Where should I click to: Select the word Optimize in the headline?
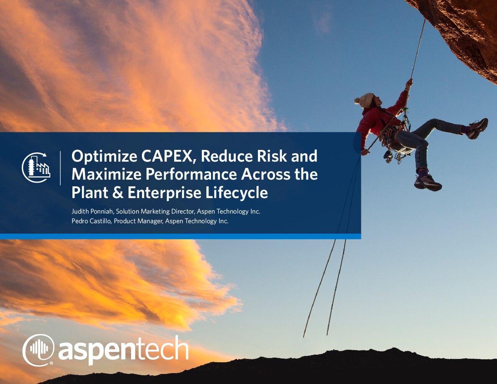tap(104, 157)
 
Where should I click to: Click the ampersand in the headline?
tap(118, 193)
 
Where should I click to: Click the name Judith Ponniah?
tap(92, 211)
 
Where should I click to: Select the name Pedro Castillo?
tap(91, 221)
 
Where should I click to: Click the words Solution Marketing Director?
tap(155, 211)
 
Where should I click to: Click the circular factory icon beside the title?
tap(36, 168)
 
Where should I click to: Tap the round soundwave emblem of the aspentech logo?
tap(39, 350)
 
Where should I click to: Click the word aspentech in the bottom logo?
tap(123, 350)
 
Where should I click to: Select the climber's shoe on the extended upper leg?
tap(477, 128)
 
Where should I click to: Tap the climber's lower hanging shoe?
tap(427, 183)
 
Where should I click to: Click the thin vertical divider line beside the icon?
tap(61, 168)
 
